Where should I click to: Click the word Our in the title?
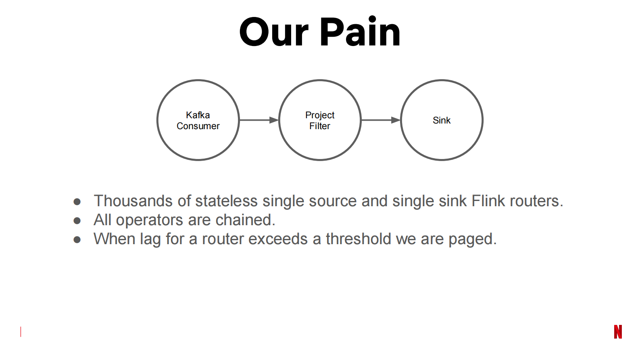coord(274,32)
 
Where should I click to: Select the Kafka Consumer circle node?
coord(198,120)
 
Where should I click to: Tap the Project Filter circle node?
coord(320,120)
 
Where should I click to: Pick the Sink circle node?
coord(442,120)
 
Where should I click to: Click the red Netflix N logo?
coord(618,332)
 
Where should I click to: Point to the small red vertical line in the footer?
coord(21,332)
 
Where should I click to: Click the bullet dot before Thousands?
coord(77,201)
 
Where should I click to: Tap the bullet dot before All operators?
coord(77,220)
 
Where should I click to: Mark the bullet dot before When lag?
coord(77,240)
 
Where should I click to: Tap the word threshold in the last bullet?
coord(359,239)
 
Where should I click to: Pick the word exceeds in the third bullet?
coord(278,239)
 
